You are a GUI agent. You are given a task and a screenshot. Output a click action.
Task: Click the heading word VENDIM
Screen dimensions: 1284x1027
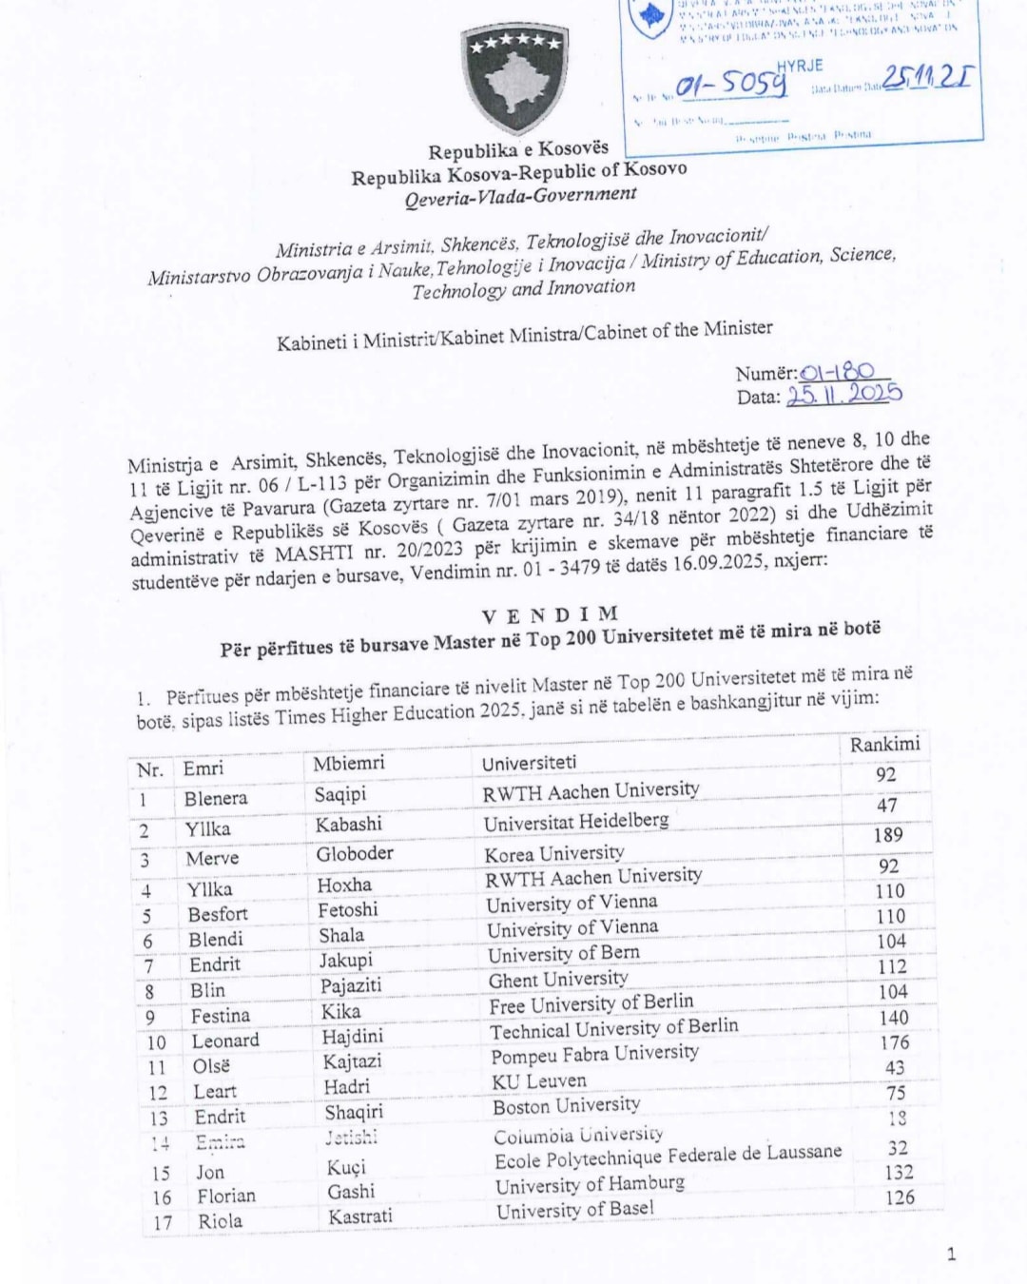[x=550, y=614]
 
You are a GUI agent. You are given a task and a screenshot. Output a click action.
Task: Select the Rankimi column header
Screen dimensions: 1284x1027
[x=884, y=744]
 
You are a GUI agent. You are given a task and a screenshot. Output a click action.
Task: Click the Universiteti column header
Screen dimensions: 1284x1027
[x=529, y=763]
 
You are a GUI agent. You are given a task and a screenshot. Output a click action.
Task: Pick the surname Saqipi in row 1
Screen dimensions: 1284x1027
[x=340, y=794]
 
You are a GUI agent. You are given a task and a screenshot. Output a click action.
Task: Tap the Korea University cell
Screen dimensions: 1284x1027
[x=554, y=853]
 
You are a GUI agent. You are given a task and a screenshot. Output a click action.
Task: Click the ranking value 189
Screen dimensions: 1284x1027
[x=887, y=835]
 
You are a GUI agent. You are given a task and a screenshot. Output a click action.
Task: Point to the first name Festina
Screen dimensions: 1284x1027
[x=220, y=1016]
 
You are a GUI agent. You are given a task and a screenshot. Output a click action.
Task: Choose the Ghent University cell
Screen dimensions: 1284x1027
[x=558, y=979]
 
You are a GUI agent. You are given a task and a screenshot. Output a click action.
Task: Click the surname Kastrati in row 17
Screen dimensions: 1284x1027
[x=360, y=1216]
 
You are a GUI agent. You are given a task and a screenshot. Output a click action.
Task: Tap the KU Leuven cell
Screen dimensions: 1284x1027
[x=539, y=1081]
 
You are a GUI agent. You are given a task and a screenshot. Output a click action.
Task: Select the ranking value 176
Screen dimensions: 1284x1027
[x=895, y=1042]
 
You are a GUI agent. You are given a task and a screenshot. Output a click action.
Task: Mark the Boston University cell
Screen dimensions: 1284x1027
[x=566, y=1106]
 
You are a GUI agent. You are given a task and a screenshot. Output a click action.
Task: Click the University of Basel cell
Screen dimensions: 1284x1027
[x=575, y=1210]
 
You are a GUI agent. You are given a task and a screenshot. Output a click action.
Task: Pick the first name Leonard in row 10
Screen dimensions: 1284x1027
[x=225, y=1041]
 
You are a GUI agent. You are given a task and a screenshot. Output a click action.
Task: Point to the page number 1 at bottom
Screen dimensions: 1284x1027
[x=951, y=1255]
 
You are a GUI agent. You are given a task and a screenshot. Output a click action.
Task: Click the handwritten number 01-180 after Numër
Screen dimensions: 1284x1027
[x=837, y=372]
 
